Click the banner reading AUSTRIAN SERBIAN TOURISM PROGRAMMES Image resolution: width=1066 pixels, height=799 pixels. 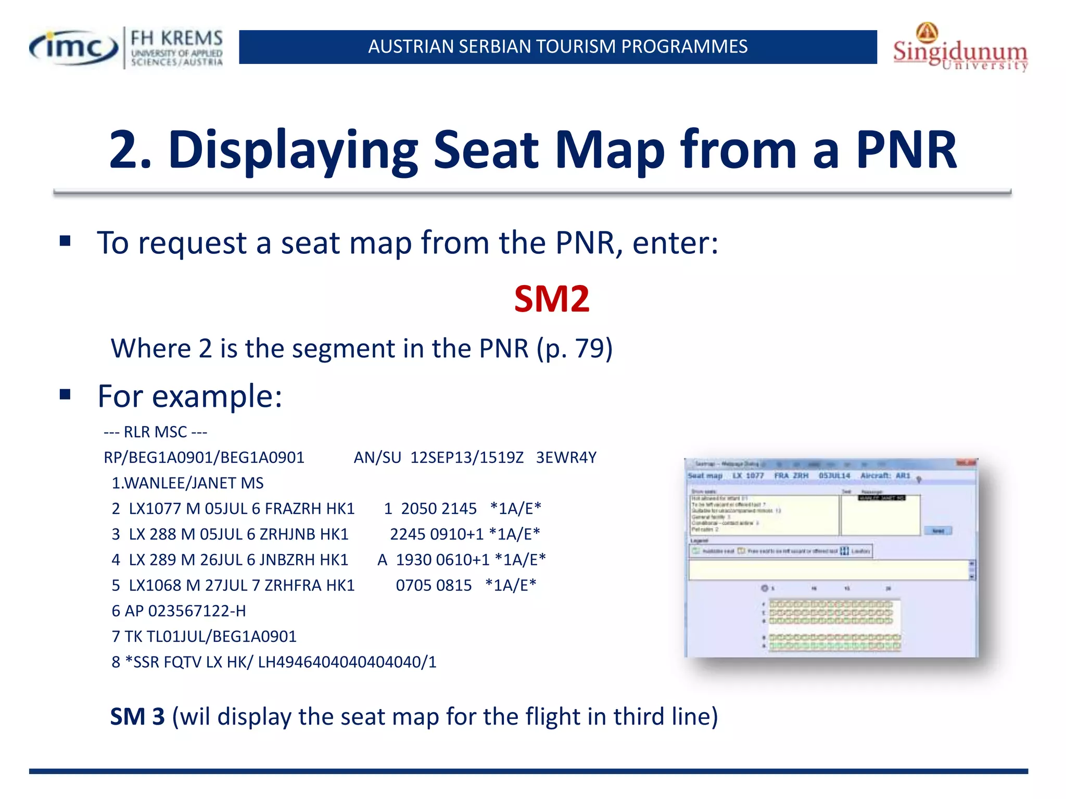557,47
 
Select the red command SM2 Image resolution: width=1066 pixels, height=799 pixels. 552,299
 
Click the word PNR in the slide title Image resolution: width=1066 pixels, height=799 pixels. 906,150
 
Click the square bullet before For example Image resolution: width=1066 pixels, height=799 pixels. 65,395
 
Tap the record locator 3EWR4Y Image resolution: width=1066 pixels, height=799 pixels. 566,457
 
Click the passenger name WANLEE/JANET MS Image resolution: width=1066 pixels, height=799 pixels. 194,483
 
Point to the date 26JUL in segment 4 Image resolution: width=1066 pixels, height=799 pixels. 221,560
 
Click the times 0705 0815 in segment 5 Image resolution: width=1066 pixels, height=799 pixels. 433,585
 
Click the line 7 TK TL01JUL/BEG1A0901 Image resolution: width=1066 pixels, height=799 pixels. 204,636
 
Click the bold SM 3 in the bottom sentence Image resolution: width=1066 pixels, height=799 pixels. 137,716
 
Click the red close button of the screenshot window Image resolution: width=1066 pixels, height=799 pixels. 966,463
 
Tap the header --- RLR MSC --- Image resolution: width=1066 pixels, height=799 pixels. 155,432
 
